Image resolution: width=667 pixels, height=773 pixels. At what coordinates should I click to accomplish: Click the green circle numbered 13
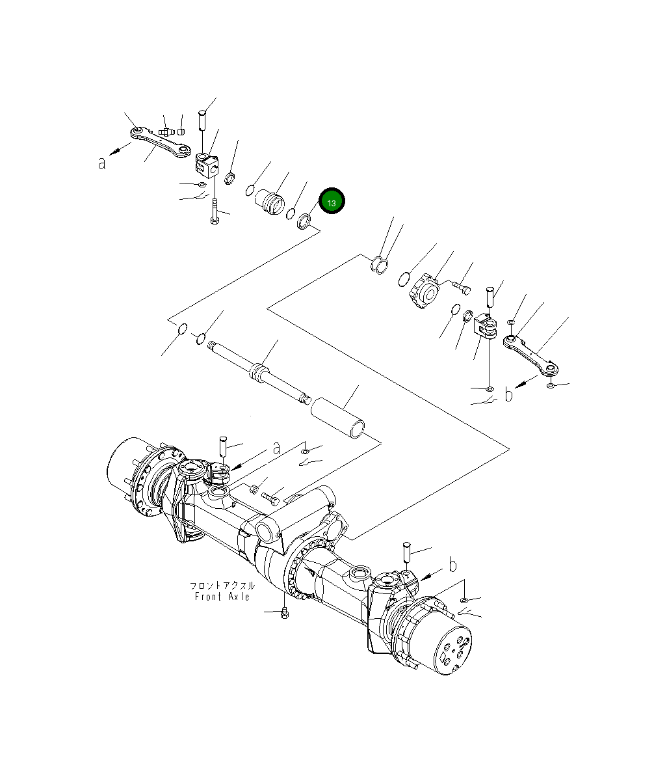click(x=332, y=202)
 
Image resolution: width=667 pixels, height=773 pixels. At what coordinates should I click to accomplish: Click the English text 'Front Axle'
click(x=222, y=597)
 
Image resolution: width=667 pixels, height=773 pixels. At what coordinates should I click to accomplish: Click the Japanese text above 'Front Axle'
click(x=222, y=586)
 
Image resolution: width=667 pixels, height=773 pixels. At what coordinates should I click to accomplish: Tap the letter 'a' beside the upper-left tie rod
click(x=102, y=163)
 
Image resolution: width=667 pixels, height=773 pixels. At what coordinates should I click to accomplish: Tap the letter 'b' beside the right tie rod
click(x=509, y=394)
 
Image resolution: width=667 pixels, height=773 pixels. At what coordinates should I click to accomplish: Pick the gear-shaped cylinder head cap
click(x=423, y=292)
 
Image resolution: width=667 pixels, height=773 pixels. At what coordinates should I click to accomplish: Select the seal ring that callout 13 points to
click(x=304, y=222)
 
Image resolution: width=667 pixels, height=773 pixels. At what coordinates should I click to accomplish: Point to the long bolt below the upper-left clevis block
click(x=215, y=211)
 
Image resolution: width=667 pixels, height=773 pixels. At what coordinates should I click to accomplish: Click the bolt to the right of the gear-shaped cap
click(x=461, y=286)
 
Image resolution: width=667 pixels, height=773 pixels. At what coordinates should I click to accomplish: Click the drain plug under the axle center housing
click(x=285, y=612)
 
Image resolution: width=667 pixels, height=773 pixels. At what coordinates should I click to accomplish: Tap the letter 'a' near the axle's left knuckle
click(x=276, y=448)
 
